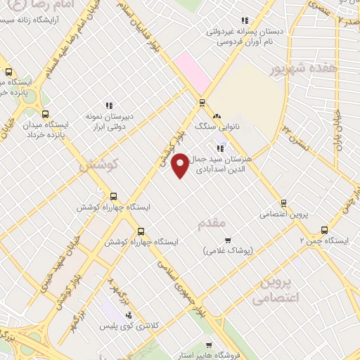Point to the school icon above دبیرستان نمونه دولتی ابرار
pos(108,105)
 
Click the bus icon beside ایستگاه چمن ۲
pos(324,229)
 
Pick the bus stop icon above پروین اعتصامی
pos(283,201)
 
